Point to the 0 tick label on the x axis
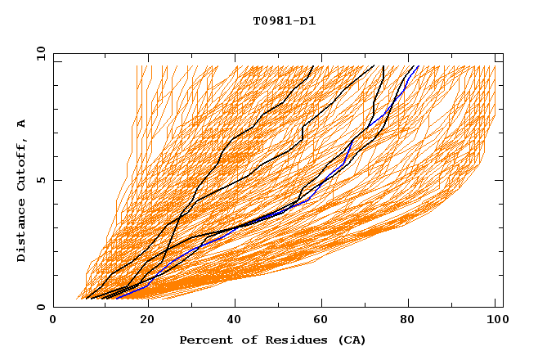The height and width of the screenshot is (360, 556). tap(53, 321)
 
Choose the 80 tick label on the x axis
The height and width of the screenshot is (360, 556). tap(408, 321)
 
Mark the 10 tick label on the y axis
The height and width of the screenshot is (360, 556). tap(40, 53)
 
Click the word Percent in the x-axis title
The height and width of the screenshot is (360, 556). tap(202, 340)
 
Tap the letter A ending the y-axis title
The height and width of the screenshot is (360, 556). tap(22, 124)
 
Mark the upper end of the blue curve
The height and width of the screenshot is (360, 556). tap(418, 66)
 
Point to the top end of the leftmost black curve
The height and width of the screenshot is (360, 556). tap(313, 66)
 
